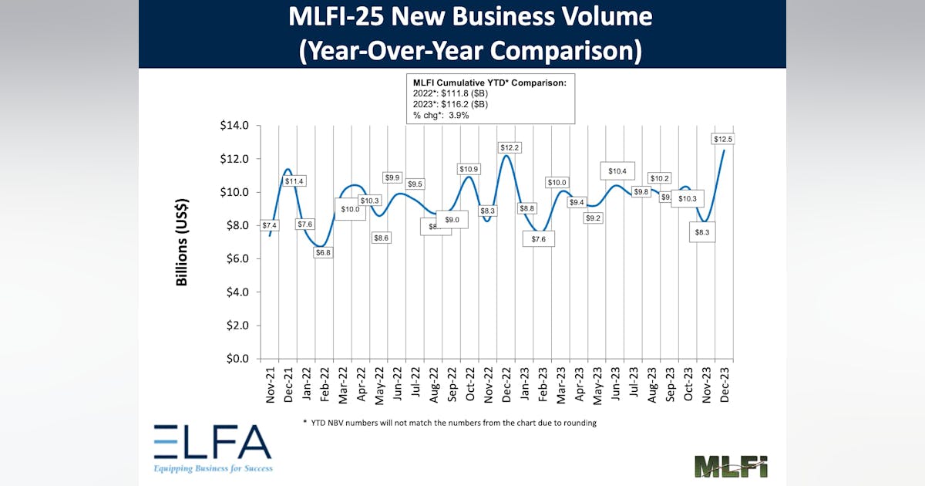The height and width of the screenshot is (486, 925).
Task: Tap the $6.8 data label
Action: (322, 252)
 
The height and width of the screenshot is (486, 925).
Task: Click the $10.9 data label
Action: (469, 169)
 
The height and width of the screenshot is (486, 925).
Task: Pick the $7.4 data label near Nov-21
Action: (269, 225)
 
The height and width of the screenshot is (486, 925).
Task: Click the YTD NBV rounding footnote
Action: (450, 422)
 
